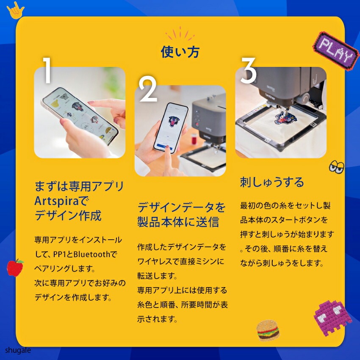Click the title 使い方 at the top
coord(180,52)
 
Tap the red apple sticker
coord(15,267)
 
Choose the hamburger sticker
coord(268,330)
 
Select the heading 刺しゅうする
coord(272,182)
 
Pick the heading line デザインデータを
coord(181,207)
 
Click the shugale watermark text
coord(18,350)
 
